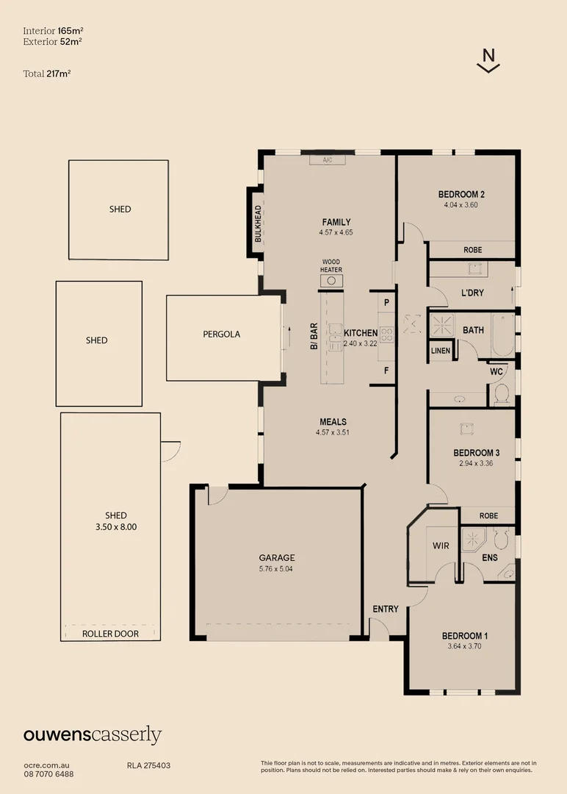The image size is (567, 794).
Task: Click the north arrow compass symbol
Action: coord(488,60)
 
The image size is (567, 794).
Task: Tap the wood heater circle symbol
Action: coord(331,280)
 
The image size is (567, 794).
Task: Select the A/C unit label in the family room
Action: coord(322,160)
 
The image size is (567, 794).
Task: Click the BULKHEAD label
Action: coord(258,223)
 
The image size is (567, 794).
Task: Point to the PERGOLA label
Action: coord(221,334)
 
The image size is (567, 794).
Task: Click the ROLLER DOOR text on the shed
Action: coord(110,634)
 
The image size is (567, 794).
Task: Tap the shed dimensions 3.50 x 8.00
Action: coord(116,526)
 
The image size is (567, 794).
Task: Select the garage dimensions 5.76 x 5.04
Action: coord(276,568)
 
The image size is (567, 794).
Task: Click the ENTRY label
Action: coord(386,609)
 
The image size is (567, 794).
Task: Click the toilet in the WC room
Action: coord(502,395)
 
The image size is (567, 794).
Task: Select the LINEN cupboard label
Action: coord(441,351)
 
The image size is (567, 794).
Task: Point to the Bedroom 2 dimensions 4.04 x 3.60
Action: coord(461,205)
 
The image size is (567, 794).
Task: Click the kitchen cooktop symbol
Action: coord(386,334)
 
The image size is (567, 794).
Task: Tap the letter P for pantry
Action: coord(386,302)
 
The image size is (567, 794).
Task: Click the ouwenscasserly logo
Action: coord(93,734)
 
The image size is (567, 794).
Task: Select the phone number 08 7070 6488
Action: coord(48,773)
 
